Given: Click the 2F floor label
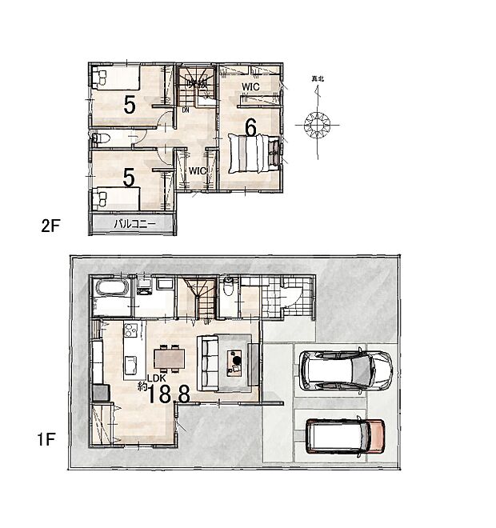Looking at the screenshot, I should pos(51,226).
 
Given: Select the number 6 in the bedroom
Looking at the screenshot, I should pos(250,128).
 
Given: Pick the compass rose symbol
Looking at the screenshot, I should pos(318,124).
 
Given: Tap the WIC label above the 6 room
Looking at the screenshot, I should pos(250,87).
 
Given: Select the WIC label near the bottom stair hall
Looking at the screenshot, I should pos(198,170).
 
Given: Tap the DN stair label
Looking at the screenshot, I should pos(186,110).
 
